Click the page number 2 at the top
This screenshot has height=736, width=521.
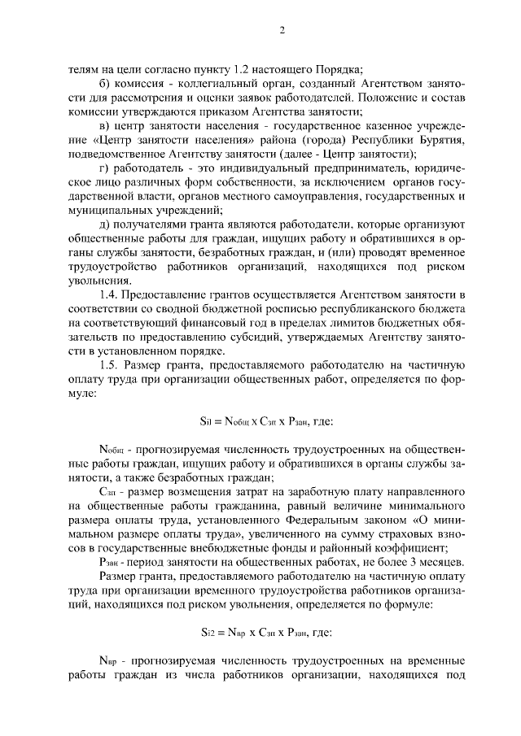(282, 31)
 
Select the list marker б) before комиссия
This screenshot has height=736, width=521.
(103, 84)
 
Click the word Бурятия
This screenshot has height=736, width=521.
(440, 140)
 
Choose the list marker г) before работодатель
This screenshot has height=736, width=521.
(103, 168)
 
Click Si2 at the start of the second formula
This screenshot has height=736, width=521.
(208, 633)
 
